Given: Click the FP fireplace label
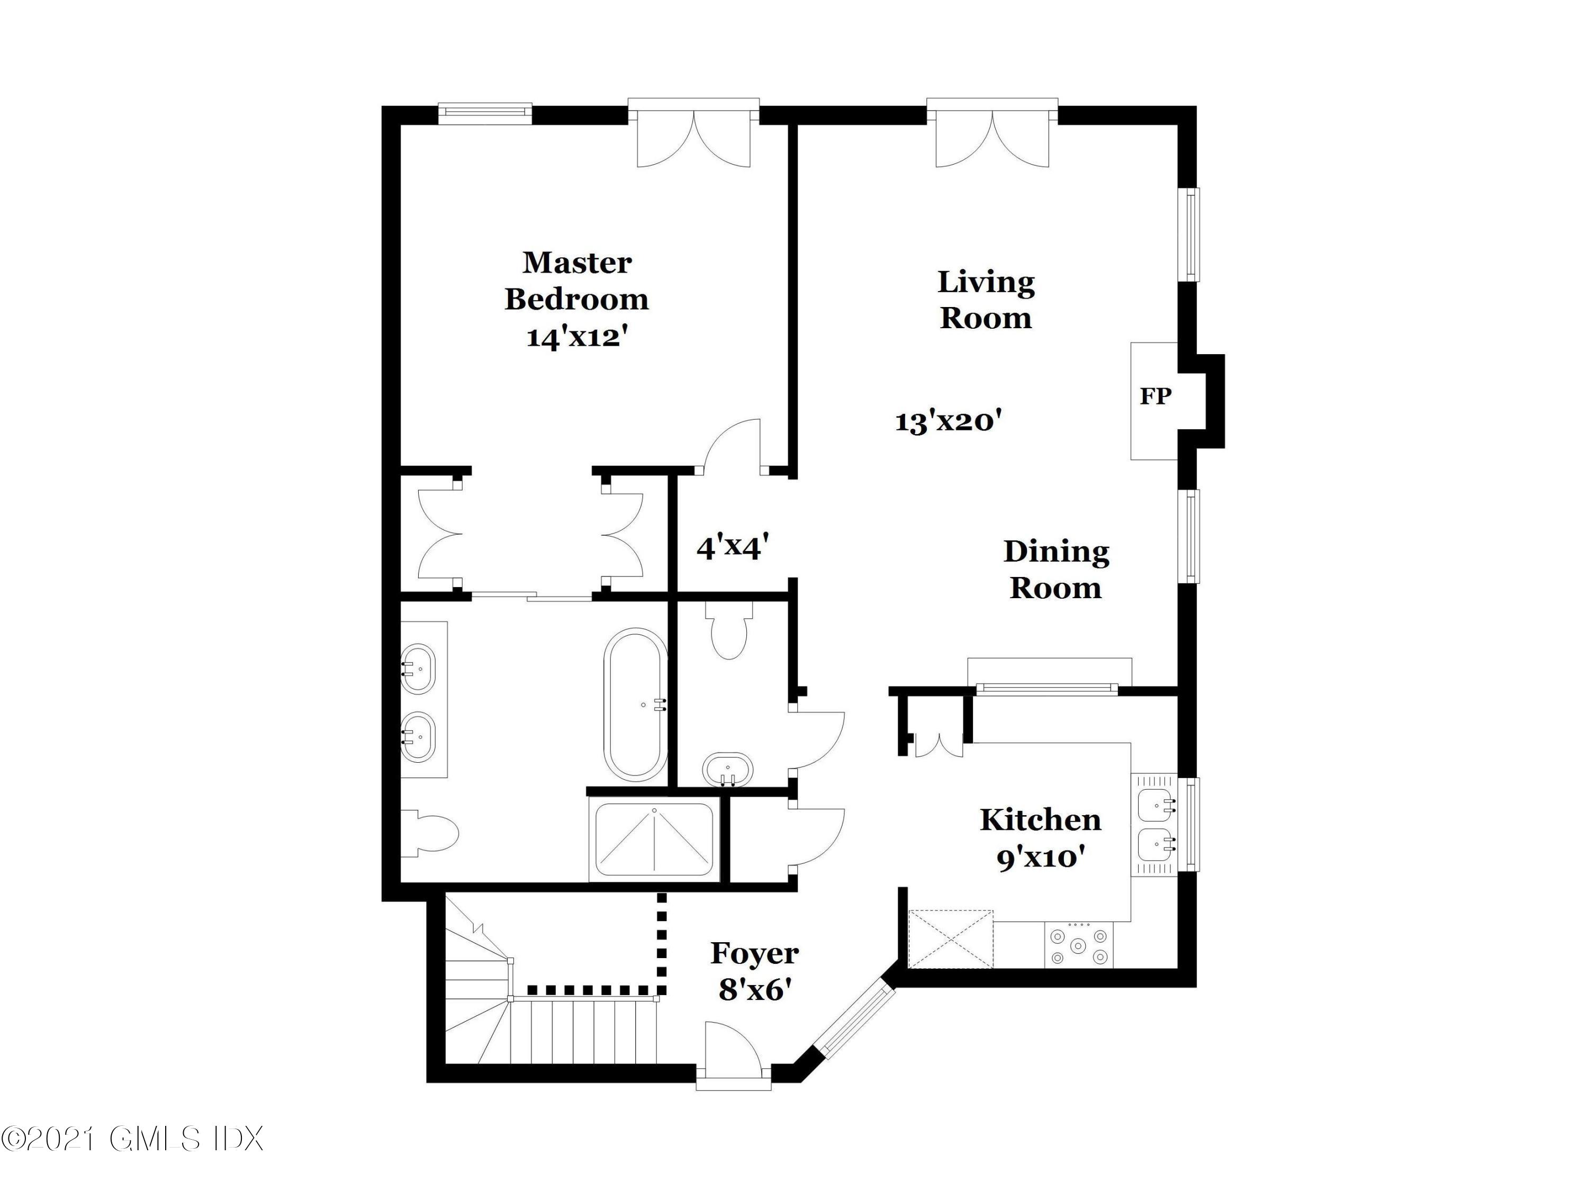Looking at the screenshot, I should (x=1155, y=395).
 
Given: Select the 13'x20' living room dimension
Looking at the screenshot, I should (x=948, y=421).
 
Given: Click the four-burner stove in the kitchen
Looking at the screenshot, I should (x=1078, y=946).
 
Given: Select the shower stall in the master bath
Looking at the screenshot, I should (x=654, y=839).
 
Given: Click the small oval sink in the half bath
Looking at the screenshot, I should (x=728, y=770).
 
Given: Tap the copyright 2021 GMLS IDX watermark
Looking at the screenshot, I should (x=133, y=1139).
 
